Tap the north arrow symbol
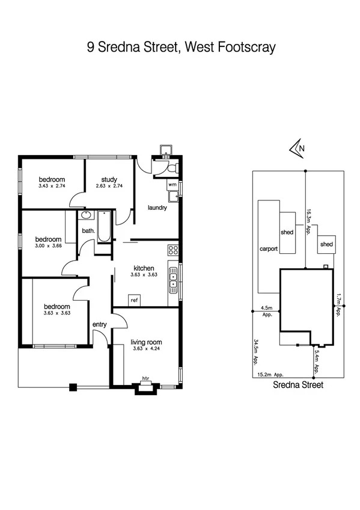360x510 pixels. coord(296,147)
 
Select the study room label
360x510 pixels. coord(108,179)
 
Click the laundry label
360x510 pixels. coord(157,208)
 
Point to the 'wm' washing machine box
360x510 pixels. coord(172,184)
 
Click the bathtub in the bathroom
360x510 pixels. coord(104,226)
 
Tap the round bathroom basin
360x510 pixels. coord(86,215)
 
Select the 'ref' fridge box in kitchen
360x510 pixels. coord(135,299)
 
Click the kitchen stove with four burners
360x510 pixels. coord(173,250)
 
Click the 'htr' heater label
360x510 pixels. coord(145,378)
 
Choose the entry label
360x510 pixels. coord(99,325)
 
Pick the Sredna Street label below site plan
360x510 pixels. coord(298,386)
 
